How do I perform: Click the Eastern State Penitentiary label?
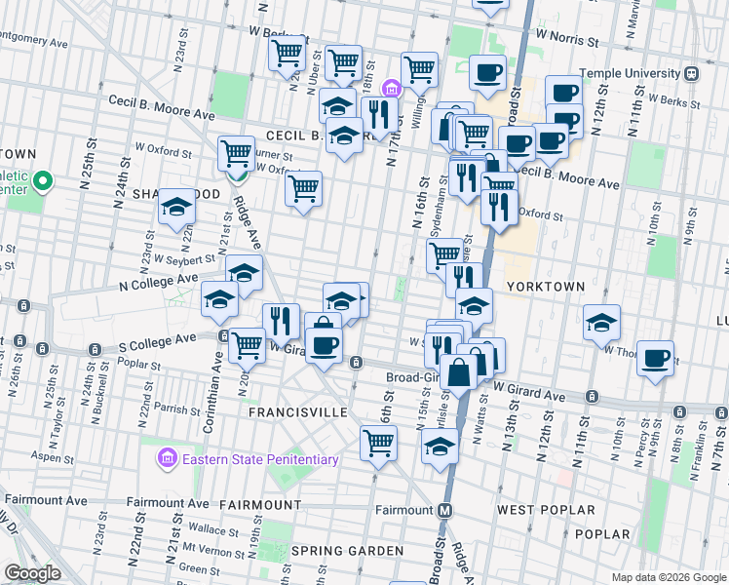tap(258, 459)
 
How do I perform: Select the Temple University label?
tap(629, 73)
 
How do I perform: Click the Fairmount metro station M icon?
tap(444, 510)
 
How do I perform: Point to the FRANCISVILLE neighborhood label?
tap(298, 412)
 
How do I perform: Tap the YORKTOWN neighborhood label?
tap(545, 287)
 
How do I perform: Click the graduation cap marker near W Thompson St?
tap(602, 321)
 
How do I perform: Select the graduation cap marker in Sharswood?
tap(176, 206)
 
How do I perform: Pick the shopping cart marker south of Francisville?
tap(378, 443)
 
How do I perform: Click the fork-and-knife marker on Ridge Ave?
tap(281, 320)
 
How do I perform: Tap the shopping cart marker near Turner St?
tap(237, 153)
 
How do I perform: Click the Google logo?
tap(33, 573)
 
